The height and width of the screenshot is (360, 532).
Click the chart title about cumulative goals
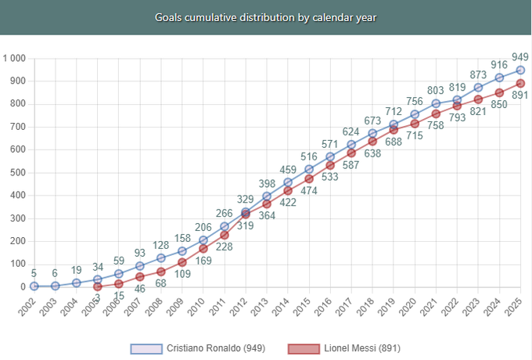click(266, 16)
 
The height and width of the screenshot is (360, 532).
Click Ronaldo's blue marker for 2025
click(520, 70)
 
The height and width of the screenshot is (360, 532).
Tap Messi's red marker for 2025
click(520, 83)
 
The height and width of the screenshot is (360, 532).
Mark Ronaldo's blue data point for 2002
click(34, 286)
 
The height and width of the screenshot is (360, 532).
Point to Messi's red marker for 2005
click(97, 286)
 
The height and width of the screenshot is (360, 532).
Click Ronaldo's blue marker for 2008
click(160, 257)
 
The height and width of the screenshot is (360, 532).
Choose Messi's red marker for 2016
click(330, 165)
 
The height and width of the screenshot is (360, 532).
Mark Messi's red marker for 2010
click(203, 248)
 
